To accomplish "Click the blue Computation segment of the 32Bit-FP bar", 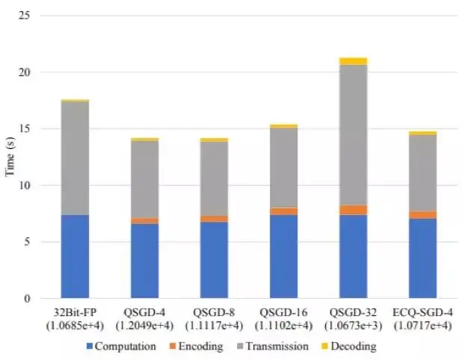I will (x=75, y=256).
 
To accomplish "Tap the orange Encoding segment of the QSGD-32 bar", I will (x=353, y=210).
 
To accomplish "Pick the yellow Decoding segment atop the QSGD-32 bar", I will (x=353, y=61).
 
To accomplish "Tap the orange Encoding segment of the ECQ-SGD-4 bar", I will (x=422, y=215).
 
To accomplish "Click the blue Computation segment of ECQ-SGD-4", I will (x=422, y=258).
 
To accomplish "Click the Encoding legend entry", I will (x=197, y=347).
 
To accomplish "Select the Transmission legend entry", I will (x=271, y=347).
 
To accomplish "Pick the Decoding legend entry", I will (x=351, y=347).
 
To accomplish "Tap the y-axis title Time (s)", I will (x=11, y=157).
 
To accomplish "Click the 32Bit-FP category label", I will (x=75, y=312).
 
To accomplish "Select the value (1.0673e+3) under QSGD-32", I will (x=353, y=325).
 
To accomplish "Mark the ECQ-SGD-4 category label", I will (x=422, y=312).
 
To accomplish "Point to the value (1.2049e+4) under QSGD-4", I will (x=144, y=325).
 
